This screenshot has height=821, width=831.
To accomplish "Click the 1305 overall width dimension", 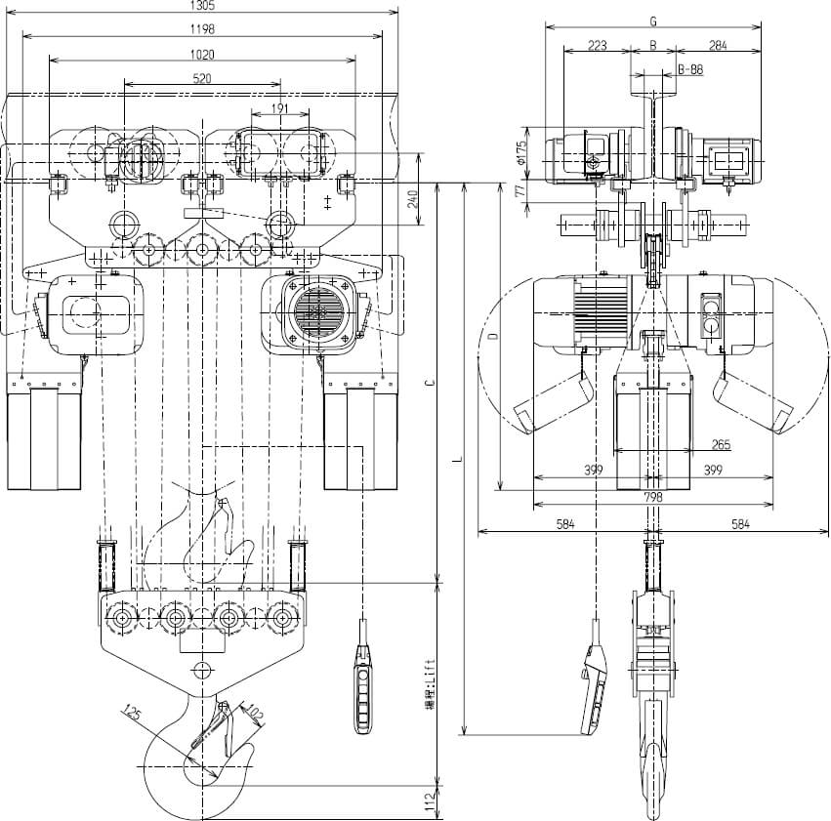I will [202, 6].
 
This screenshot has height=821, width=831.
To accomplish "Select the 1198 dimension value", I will [202, 29].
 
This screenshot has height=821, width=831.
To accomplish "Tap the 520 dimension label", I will [202, 80].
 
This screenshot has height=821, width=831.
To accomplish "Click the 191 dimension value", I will [278, 108].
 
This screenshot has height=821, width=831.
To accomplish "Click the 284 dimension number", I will [719, 45].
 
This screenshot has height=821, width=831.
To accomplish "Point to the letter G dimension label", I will [652, 20].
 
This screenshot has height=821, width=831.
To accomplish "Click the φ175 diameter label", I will [521, 152].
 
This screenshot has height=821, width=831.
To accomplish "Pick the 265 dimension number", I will [721, 445].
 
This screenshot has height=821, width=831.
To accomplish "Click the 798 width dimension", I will [653, 497].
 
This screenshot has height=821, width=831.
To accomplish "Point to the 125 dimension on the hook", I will [133, 715].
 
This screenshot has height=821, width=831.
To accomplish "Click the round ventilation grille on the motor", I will [317, 310].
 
